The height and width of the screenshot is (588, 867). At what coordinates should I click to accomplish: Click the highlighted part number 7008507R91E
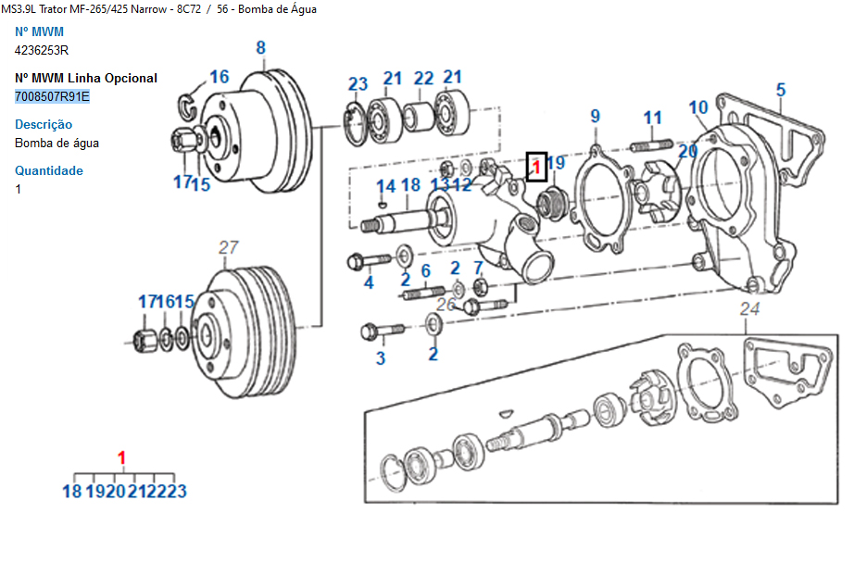tap(52, 96)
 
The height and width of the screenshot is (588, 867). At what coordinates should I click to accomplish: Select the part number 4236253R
tap(42, 50)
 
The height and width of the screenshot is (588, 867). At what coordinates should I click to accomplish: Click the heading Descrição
tap(44, 124)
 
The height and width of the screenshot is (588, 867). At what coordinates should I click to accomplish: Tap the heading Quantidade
tap(49, 170)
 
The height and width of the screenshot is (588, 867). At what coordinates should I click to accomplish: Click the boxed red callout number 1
tap(536, 167)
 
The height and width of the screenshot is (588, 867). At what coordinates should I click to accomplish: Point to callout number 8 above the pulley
tap(261, 48)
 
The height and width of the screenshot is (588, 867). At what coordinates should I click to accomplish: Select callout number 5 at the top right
tap(781, 90)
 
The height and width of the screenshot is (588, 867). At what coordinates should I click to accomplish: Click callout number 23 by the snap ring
tap(358, 84)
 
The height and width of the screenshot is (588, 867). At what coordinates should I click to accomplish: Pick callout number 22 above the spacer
tap(423, 79)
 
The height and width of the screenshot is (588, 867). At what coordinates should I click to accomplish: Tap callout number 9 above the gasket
tap(595, 116)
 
